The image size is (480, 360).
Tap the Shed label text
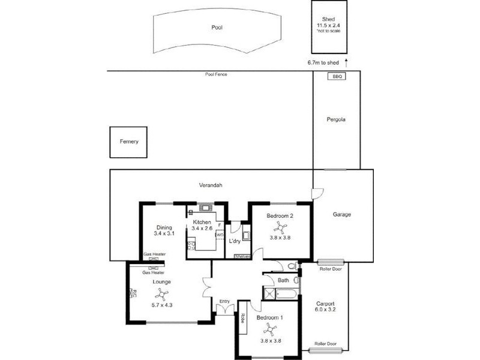[x=328, y=19]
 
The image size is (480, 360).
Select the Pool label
[x=217, y=28]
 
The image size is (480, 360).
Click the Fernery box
[x=129, y=142]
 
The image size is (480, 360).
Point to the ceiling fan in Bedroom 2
[x=280, y=227]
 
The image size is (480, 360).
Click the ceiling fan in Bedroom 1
[x=271, y=329]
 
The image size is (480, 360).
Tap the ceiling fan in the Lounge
[x=161, y=294]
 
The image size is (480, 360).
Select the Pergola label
[x=337, y=119]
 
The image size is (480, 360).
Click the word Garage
[x=342, y=214]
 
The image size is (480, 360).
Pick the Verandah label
[x=211, y=185]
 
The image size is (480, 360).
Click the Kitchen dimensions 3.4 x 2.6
[x=202, y=229]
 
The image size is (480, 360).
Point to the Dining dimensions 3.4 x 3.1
[x=164, y=233]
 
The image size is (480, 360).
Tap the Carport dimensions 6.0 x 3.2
[x=325, y=310]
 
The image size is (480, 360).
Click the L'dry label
[x=235, y=241]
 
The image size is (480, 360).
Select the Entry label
[x=224, y=301]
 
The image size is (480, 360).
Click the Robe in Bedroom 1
[x=243, y=318]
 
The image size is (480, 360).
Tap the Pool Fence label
[x=216, y=74]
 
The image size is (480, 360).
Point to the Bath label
[x=283, y=280]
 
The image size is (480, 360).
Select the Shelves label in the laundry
[x=242, y=257]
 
